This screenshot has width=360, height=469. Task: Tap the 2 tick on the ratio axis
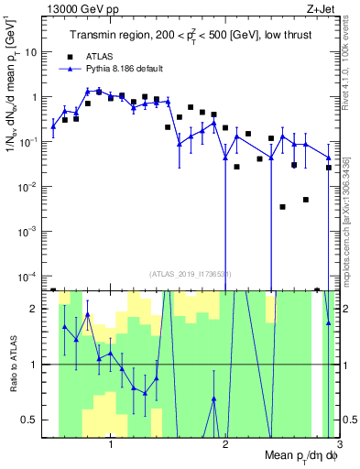pyautogui.click(x=36, y=309)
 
